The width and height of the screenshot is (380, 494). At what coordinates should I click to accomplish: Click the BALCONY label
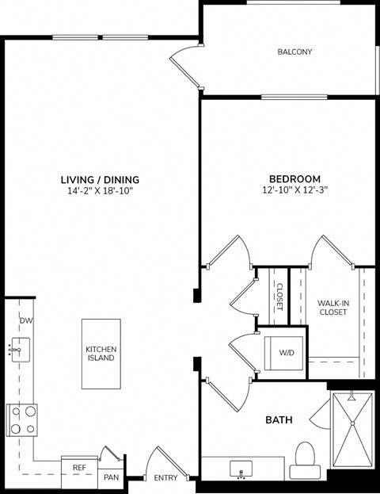click(x=294, y=52)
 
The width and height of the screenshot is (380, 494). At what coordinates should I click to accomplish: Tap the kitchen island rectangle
click(x=101, y=354)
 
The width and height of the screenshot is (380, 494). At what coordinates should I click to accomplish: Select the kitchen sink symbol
click(x=19, y=348)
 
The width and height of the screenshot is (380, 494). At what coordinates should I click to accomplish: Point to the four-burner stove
click(x=21, y=419)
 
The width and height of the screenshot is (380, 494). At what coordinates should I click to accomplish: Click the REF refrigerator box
click(x=79, y=468)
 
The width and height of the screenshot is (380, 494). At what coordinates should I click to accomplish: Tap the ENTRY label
click(x=165, y=477)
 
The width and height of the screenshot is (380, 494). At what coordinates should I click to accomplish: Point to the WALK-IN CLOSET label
click(x=332, y=308)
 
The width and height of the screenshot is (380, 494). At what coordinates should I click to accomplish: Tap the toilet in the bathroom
click(x=304, y=461)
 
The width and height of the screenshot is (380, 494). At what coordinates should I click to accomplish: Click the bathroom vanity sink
click(x=241, y=469)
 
